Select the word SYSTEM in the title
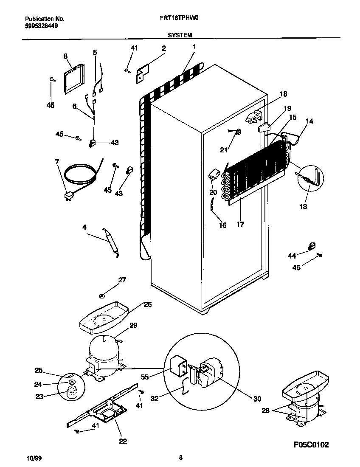[180, 35]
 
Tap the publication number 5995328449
[42, 25]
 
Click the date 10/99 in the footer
[34, 458]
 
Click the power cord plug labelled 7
[68, 196]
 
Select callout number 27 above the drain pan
[122, 280]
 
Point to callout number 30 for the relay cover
[257, 399]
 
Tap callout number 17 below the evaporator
[240, 225]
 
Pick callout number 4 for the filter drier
[84, 228]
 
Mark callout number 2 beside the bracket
[163, 48]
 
